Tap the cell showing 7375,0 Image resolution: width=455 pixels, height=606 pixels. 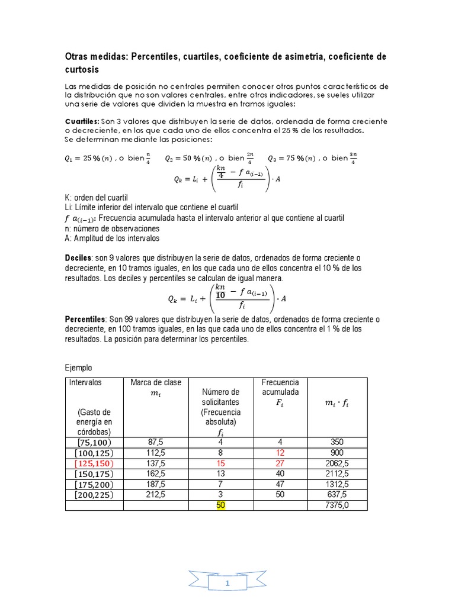(x=338, y=505)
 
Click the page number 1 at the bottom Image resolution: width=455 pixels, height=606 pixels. (x=227, y=584)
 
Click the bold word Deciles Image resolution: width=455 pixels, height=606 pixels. (x=78, y=258)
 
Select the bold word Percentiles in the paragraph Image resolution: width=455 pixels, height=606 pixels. (x=85, y=319)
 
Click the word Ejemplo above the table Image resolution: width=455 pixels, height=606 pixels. (x=79, y=368)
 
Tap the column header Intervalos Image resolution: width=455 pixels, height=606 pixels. (x=85, y=382)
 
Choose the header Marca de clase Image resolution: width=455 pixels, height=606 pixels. (x=156, y=382)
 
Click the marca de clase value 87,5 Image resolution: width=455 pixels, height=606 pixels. (x=156, y=441)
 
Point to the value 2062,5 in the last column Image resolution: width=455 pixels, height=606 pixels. (x=338, y=463)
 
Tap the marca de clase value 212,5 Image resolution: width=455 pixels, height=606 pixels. (x=156, y=495)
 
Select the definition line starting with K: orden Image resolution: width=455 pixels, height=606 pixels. (x=96, y=197)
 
